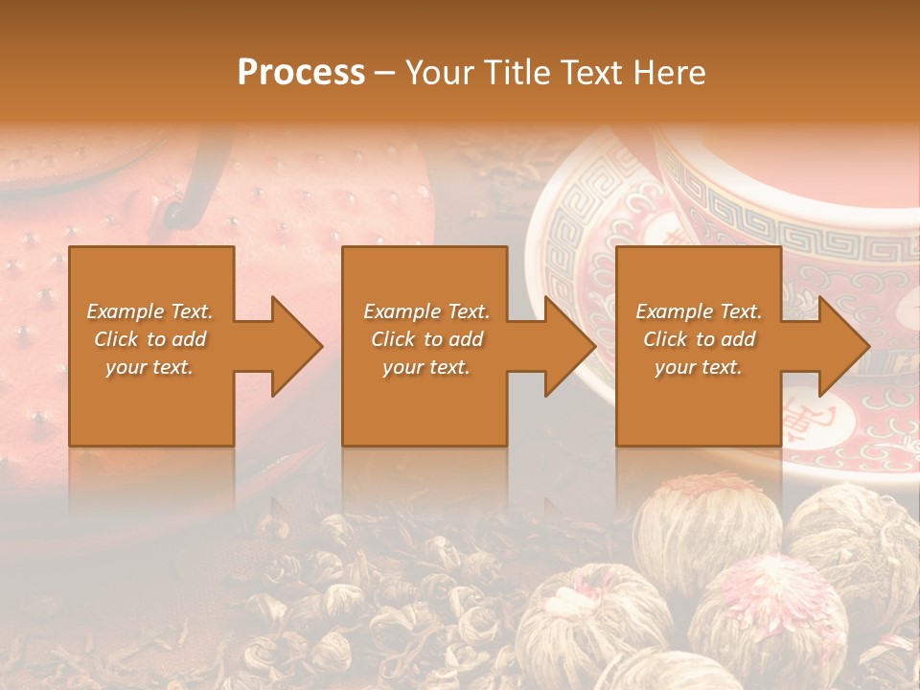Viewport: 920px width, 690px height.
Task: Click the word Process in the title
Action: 301,73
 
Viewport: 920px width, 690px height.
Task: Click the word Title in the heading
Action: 518,73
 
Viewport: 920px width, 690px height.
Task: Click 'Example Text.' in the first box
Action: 149,311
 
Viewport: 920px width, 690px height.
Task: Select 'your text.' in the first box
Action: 149,367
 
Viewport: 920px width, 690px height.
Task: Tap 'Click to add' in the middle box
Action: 426,339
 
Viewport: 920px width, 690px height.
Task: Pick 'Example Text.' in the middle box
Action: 426,311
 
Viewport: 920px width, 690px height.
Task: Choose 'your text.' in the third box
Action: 699,367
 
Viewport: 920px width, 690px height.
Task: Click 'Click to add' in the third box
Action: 699,339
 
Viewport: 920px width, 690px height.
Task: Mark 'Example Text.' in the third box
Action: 699,311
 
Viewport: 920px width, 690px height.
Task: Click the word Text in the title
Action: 593,73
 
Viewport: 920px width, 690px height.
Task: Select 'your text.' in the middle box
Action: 426,367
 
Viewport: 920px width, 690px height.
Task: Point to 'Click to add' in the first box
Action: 149,339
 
